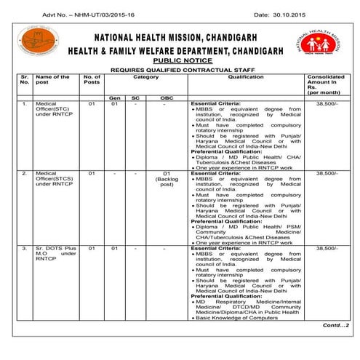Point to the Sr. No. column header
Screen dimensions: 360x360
[x=25, y=79]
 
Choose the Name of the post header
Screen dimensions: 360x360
[x=52, y=79]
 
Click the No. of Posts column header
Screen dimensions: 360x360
[x=92, y=79]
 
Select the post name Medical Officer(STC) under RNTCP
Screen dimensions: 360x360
[x=55, y=111]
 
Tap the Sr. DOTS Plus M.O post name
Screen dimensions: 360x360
[x=55, y=255]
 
